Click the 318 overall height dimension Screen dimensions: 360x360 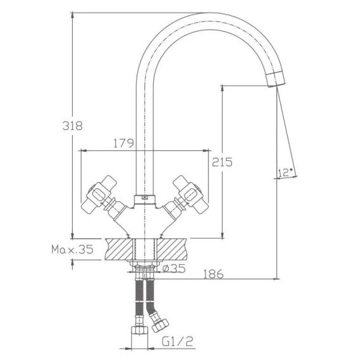coord(72,125)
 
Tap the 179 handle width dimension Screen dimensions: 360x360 coord(124,143)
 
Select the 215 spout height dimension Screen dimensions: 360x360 coord(222,162)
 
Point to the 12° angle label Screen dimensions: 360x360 coord(285,172)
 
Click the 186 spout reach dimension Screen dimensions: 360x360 coord(214,274)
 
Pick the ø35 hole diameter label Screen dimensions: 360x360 coord(174,268)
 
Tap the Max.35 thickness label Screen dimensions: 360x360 coord(72,249)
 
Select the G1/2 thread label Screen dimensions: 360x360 coord(177,341)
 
